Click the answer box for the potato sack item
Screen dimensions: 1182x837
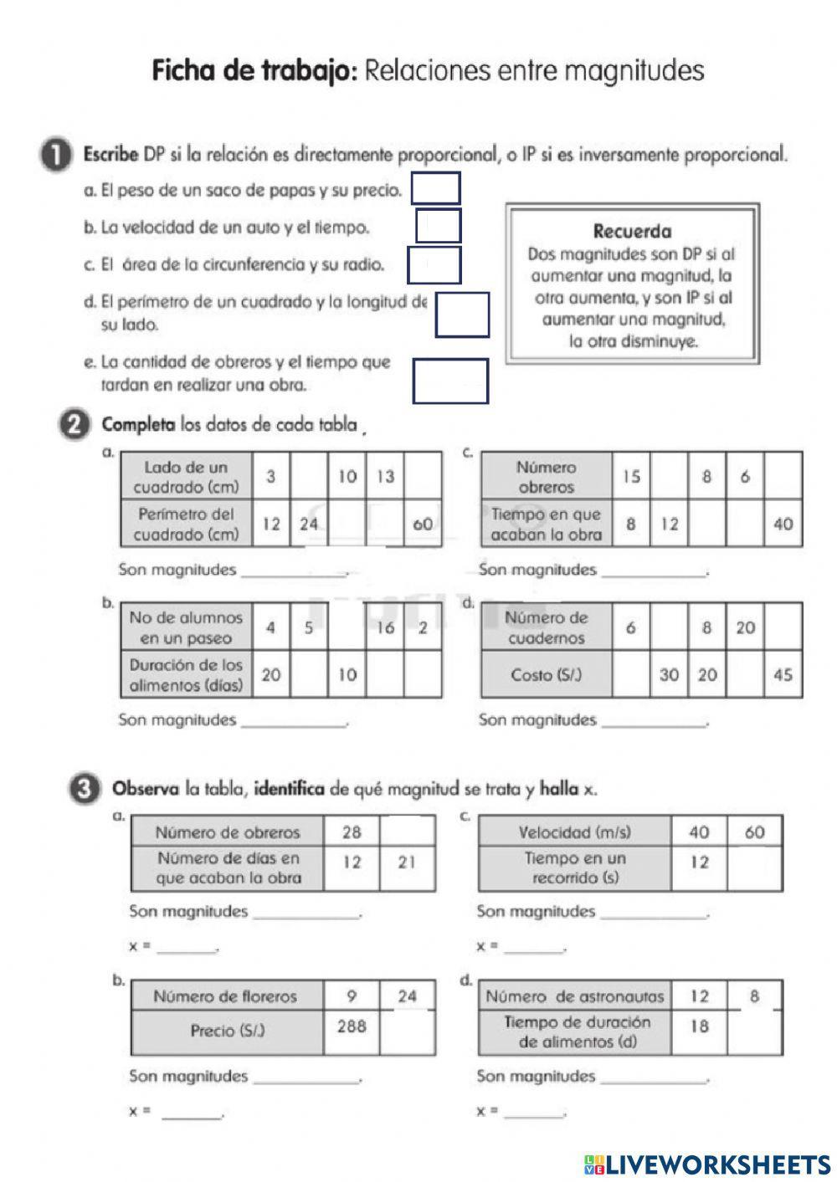point(435,188)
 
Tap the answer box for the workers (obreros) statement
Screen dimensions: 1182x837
point(450,381)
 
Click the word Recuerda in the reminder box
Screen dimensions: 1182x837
point(632,231)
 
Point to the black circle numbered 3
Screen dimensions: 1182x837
point(82,789)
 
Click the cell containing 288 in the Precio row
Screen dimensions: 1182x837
point(352,1026)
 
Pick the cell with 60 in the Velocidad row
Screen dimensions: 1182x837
point(754,832)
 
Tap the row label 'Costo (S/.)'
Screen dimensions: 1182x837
point(546,674)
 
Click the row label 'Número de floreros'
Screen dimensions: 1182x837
point(225,996)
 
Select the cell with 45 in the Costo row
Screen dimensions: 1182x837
point(783,674)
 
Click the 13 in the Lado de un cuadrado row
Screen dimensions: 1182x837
point(385,477)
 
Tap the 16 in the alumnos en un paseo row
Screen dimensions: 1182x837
point(385,627)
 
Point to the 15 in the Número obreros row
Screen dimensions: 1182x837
point(631,477)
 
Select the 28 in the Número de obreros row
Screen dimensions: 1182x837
point(352,832)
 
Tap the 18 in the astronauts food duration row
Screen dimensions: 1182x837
point(700,1026)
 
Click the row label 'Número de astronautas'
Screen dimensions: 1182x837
point(575,996)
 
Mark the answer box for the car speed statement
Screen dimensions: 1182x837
point(438,226)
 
